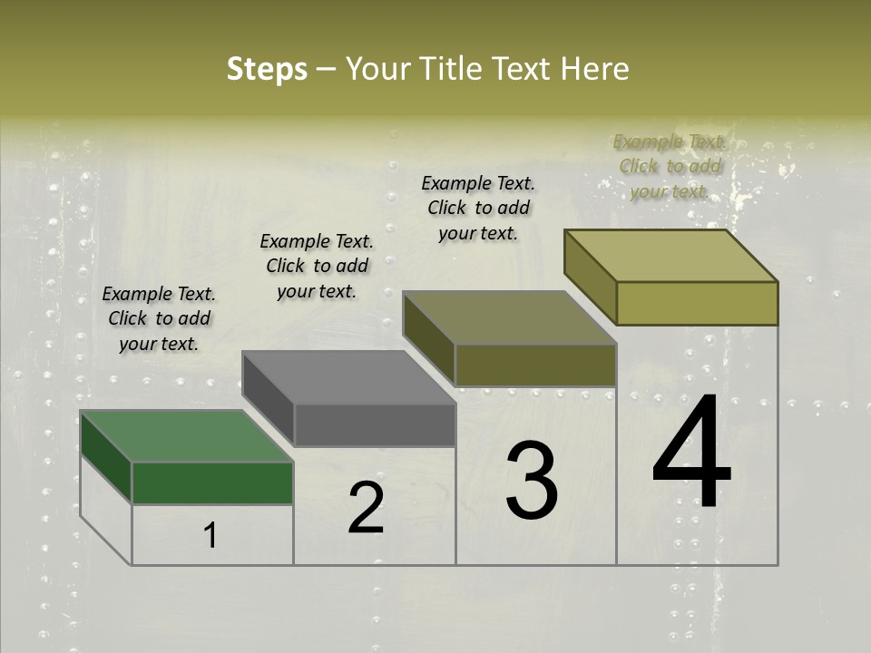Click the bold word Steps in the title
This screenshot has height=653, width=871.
[267, 69]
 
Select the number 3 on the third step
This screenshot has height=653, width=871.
[532, 480]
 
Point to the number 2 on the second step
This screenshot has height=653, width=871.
[366, 509]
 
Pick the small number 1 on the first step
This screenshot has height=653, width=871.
[210, 536]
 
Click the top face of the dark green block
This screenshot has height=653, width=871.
[187, 436]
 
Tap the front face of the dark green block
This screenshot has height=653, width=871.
[212, 482]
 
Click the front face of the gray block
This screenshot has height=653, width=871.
[375, 424]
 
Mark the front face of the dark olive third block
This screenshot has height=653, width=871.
[535, 365]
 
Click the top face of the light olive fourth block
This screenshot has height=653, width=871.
[671, 256]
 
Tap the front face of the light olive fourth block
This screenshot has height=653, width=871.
[697, 303]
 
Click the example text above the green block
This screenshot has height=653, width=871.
[159, 318]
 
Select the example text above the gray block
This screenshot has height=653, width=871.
[317, 266]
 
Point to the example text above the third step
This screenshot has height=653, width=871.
[478, 208]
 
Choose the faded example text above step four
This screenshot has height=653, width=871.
[669, 166]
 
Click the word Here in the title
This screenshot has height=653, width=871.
[594, 69]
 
